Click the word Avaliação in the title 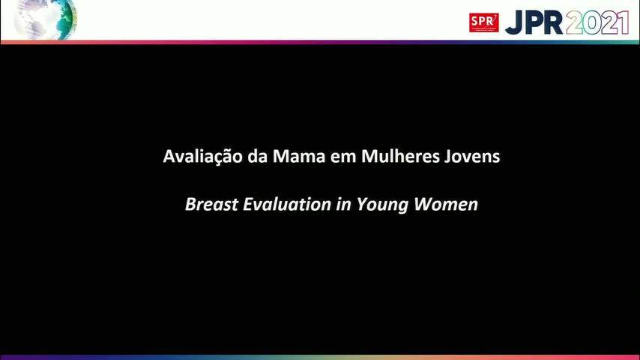[203, 157]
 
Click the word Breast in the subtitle [211, 204]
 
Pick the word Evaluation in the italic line [287, 204]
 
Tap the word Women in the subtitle [446, 204]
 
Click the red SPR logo [483, 22]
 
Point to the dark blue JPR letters [534, 22]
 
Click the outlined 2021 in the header [597, 22]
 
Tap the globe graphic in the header [45, 19]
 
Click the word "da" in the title [257, 157]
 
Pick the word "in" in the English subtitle [344, 204]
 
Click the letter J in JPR [514, 23]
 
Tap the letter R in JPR [553, 22]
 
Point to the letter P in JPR [534, 22]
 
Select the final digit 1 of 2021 [624, 22]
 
